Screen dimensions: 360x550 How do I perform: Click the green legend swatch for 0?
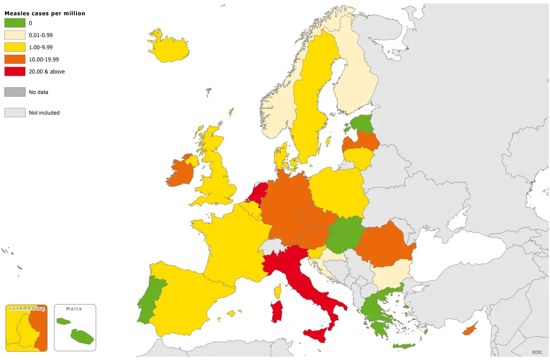pyautogui.click(x=15, y=23)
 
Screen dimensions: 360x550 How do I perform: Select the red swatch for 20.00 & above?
pyautogui.click(x=15, y=72)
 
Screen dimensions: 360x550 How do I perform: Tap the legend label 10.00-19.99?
pyautogui.click(x=44, y=60)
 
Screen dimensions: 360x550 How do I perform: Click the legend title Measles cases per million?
pyautogui.click(x=45, y=14)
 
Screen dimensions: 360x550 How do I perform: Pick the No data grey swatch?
pyautogui.click(x=15, y=92)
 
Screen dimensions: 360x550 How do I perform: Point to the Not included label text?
pyautogui.click(x=44, y=113)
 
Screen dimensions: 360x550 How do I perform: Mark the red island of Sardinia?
pyautogui.click(x=277, y=312)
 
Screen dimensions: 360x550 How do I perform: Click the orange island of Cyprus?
pyautogui.click(x=469, y=329)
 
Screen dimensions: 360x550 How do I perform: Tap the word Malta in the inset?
pyautogui.click(x=74, y=309)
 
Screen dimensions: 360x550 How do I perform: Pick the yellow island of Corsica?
pyautogui.click(x=278, y=291)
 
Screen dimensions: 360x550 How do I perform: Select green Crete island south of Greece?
pyautogui.click(x=404, y=346)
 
